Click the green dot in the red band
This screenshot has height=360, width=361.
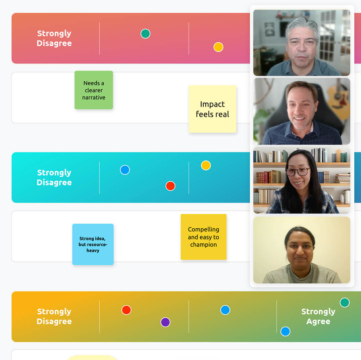pos(145,34)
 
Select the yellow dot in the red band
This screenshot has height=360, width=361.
pos(218,47)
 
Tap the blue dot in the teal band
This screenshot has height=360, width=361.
pos(125,170)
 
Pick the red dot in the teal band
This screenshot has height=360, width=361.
pos(170,186)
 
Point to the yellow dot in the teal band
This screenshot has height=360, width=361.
pos(206,166)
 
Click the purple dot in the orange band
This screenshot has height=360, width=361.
pos(165,322)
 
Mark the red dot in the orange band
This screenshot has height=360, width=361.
pos(126,310)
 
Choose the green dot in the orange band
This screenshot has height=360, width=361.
pos(345,303)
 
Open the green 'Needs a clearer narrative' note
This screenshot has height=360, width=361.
pos(94,90)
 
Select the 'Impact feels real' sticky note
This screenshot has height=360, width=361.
pos(212,109)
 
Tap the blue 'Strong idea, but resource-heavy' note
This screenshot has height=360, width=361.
pos(93,244)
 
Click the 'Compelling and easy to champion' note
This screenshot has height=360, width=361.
pos(203,237)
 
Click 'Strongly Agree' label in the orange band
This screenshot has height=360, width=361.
pos(318,316)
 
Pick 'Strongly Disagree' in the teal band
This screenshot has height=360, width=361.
pos(54,177)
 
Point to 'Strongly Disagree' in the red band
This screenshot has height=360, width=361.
pos(54,38)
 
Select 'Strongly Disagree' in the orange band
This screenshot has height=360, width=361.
pos(54,316)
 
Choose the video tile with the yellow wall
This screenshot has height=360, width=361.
pos(302,250)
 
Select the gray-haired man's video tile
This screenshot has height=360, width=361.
pos(302,43)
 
